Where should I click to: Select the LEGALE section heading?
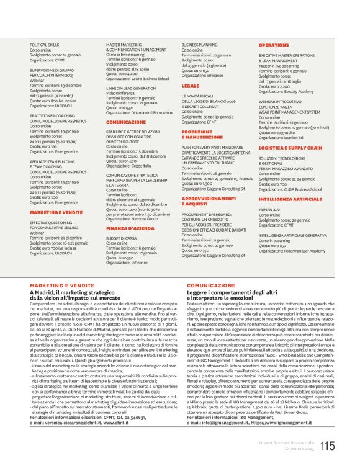[x=191, y=86]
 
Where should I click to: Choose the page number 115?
[x=328, y=444]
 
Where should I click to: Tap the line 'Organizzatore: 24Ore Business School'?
[x=137, y=79]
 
